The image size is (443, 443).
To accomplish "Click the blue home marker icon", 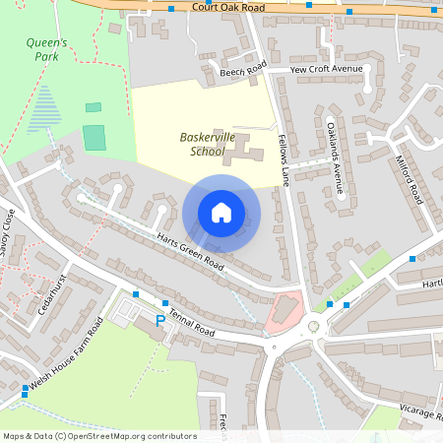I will [x=221, y=213].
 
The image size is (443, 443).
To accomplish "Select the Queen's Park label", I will [x=48, y=49].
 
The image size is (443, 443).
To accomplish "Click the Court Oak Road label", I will [x=229, y=7].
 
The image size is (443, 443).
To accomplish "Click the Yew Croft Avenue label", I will [x=326, y=69].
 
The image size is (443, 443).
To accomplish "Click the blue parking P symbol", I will [x=160, y=321].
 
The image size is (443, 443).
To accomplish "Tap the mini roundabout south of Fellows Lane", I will [x=314, y=326].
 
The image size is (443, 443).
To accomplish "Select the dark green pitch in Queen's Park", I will [x=95, y=137].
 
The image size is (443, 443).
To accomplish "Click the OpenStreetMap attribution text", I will [x=99, y=435].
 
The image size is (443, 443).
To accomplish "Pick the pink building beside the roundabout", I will [x=284, y=310].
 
